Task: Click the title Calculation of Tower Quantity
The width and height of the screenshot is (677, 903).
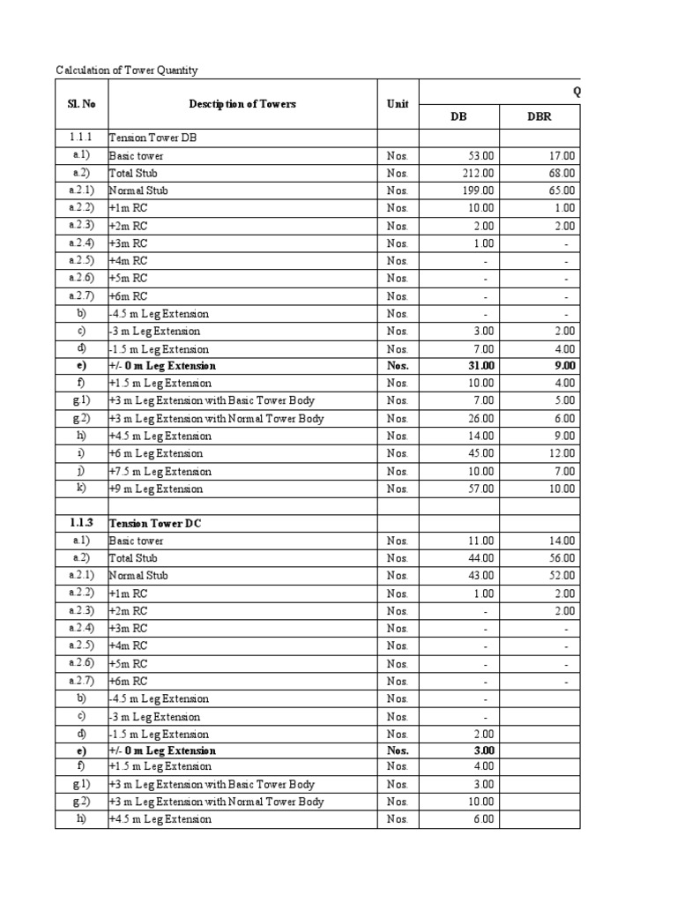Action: point(127,70)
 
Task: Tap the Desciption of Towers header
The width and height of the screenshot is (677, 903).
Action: point(242,104)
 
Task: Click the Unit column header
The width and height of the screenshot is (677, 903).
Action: point(398,104)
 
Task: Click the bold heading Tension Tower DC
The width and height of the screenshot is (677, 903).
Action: point(155,523)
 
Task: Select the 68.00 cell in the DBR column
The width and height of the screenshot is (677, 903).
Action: point(562,174)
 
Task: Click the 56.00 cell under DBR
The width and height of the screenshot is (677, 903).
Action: point(562,558)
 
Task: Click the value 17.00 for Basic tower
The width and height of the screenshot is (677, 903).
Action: point(562,156)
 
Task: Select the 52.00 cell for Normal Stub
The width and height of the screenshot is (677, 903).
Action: point(562,576)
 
